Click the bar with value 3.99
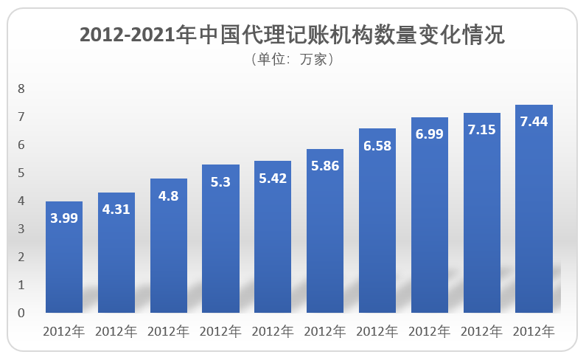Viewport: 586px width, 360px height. [x=64, y=258]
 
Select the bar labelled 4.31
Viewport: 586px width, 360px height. [x=116, y=255]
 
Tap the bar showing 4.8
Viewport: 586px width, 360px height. [x=169, y=247]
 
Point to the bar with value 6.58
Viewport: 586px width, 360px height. [x=377, y=221]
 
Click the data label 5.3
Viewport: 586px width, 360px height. [x=220, y=181]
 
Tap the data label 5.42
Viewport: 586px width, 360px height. [x=273, y=178]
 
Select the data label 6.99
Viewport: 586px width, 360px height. [x=429, y=134]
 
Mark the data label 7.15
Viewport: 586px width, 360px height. [x=481, y=130]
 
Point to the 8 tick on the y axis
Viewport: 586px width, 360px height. [x=21, y=89]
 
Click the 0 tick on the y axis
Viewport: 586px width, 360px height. [x=21, y=313]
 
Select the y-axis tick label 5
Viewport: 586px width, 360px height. [x=21, y=173]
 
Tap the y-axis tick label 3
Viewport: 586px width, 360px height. [x=21, y=229]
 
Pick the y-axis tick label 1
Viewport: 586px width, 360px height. [x=21, y=285]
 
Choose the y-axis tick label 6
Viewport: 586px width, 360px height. [x=21, y=145]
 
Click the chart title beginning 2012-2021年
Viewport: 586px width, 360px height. [x=293, y=35]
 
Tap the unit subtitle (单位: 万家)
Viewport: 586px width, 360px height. [x=293, y=60]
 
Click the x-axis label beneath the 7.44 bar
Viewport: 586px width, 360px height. [x=534, y=331]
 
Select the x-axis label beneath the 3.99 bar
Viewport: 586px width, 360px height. [x=64, y=331]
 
